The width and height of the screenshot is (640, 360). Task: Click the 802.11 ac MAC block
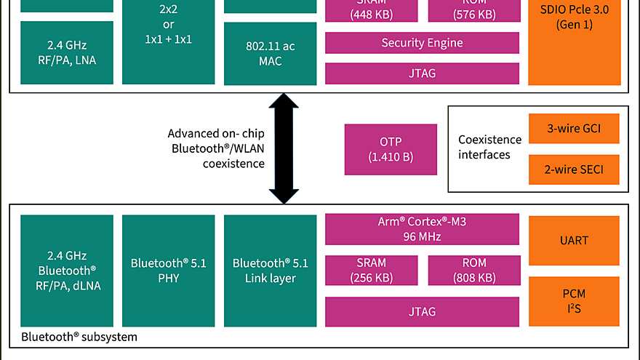tap(270, 54)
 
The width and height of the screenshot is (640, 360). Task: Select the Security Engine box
tap(422, 43)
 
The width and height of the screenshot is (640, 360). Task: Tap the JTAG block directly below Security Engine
tap(422, 73)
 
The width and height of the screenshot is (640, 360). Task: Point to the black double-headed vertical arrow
tap(284, 148)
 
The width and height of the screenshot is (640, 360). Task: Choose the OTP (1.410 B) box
tap(391, 149)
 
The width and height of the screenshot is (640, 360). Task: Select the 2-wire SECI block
tap(574, 169)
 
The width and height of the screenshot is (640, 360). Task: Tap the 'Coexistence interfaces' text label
tap(489, 147)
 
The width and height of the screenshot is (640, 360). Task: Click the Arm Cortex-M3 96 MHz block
tap(422, 229)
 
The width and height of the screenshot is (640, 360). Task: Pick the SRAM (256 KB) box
tap(371, 270)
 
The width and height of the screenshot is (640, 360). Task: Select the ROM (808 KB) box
tap(473, 270)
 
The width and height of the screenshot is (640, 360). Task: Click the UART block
tap(574, 241)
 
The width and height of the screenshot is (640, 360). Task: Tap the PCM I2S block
tap(574, 301)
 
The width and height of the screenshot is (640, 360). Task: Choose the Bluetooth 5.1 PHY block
tap(168, 271)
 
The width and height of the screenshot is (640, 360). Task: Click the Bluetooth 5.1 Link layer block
tap(270, 271)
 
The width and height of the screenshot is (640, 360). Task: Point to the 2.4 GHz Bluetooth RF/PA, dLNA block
tap(67, 271)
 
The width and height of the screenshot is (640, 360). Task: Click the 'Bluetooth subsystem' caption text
tap(79, 337)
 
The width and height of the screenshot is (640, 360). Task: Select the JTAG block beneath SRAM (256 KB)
tap(422, 311)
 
